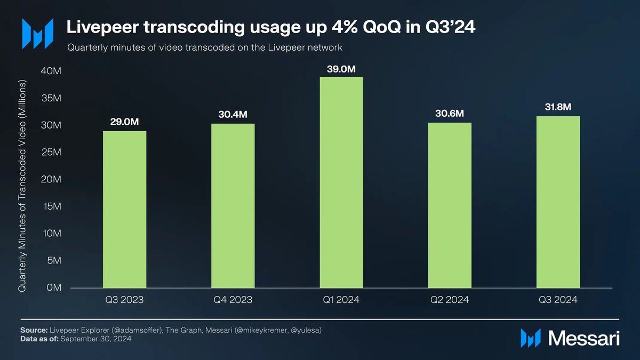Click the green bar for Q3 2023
click(124, 209)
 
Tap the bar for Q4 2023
click(233, 205)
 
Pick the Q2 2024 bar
click(450, 205)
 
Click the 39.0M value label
click(341, 69)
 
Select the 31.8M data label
click(558, 108)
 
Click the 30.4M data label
click(233, 115)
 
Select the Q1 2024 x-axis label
click(341, 300)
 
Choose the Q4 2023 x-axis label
click(233, 300)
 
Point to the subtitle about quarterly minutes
click(204, 47)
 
